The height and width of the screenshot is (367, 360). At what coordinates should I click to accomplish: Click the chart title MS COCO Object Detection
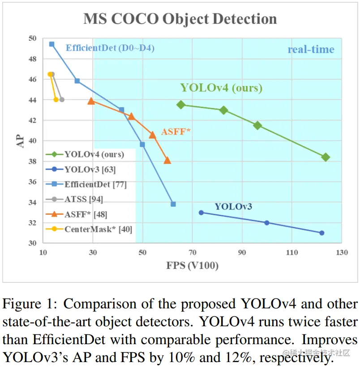(x=180, y=19)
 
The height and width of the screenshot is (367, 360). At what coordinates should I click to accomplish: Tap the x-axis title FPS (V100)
(x=192, y=265)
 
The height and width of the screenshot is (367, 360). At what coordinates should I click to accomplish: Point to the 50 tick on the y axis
(x=32, y=38)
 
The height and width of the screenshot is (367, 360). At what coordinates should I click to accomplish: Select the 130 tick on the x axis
(x=342, y=252)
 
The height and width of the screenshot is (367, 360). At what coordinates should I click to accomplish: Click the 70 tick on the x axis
(x=193, y=252)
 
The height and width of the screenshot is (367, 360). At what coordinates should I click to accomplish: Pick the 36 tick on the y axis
(x=32, y=182)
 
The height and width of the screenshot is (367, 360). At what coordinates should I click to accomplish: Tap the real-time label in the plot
(x=311, y=49)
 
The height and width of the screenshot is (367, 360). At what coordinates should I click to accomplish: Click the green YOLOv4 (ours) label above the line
(x=221, y=88)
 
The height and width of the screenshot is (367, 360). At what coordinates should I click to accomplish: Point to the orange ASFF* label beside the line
(x=176, y=132)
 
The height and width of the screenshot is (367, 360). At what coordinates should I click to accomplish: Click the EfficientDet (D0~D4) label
(x=110, y=48)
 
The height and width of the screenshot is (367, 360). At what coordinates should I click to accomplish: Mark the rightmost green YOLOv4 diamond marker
(x=326, y=157)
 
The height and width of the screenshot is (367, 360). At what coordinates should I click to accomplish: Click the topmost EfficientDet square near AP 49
(x=51, y=44)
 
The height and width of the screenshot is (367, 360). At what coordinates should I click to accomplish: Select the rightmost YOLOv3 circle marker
(x=321, y=233)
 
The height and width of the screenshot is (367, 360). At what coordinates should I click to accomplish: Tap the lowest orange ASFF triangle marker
(x=167, y=160)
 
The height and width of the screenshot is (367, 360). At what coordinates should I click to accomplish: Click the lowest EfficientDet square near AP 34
(x=173, y=204)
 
